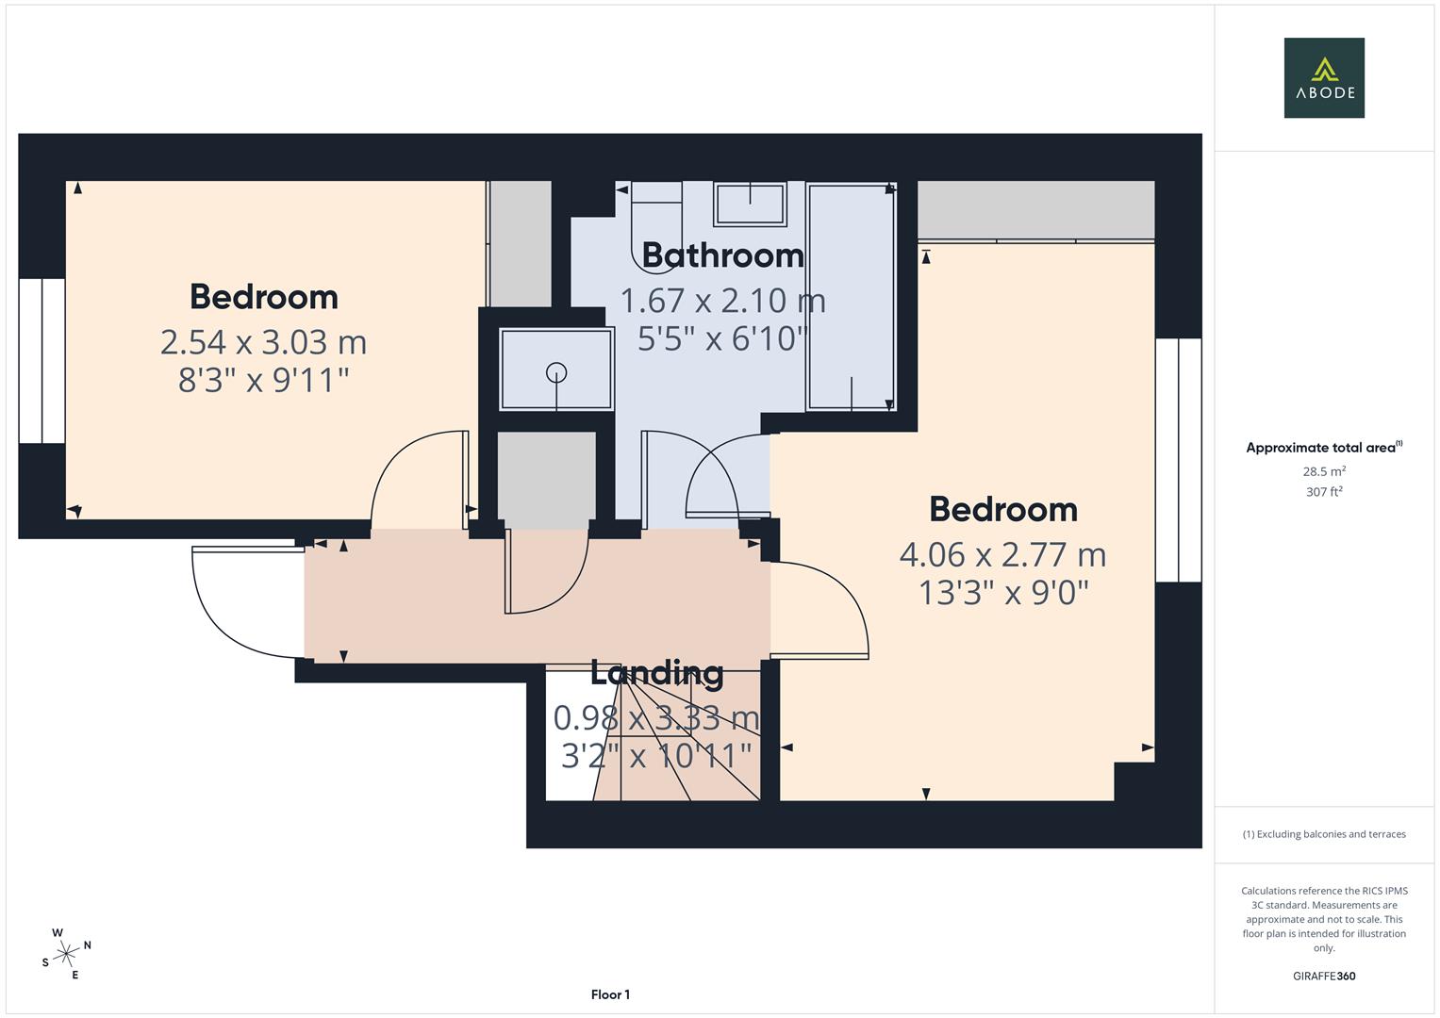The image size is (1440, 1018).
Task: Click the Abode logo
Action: click(1323, 78)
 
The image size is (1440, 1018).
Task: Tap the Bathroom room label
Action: click(722, 255)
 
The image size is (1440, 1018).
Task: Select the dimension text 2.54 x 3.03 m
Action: click(263, 341)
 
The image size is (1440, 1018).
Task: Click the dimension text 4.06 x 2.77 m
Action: click(1002, 554)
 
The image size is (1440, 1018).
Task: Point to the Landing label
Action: click(656, 673)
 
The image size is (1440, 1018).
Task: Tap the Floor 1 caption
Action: click(610, 994)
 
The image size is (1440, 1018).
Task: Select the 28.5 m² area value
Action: click(1324, 471)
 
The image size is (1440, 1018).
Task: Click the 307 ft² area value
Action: click(1324, 492)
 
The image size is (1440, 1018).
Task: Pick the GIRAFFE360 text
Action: click(1324, 976)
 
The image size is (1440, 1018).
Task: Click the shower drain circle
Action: click(556, 372)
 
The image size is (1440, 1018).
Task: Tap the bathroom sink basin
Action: click(750, 205)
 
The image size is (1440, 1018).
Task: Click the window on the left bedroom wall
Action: click(41, 361)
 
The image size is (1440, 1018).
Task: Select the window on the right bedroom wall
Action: click(1179, 460)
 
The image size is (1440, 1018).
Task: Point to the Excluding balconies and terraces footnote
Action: click(1324, 834)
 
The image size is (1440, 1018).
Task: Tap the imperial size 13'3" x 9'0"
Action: click(1003, 593)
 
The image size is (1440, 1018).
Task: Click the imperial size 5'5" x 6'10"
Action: click(722, 337)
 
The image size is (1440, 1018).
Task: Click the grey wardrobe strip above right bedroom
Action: click(1035, 210)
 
